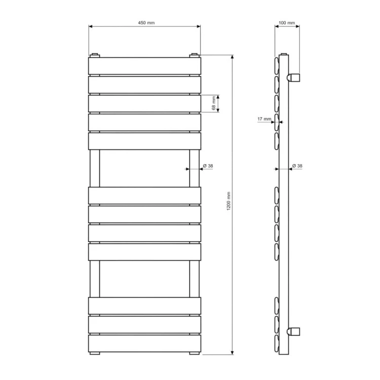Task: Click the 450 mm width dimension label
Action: [x=146, y=23]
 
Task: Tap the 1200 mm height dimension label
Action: [x=229, y=201]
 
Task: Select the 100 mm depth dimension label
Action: [x=287, y=23]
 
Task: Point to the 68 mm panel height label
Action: [x=214, y=103]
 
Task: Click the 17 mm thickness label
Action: [x=264, y=119]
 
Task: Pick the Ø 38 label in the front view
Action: [x=208, y=166]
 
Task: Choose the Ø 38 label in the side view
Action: [x=297, y=166]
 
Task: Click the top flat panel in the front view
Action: [x=145, y=66]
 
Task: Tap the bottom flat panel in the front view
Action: [x=145, y=344]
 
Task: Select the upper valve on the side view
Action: [x=293, y=78]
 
